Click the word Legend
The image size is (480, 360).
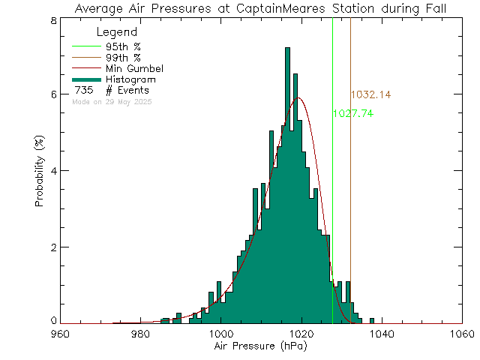coord(117,33)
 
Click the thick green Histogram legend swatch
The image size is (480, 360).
coord(86,79)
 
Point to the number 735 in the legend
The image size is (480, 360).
coord(82,90)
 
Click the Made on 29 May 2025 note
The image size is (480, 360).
coord(112,101)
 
